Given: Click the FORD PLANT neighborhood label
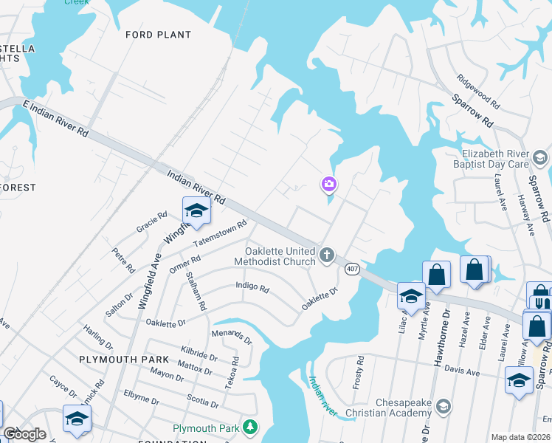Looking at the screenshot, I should tap(158, 35).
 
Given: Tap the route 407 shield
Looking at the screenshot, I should tap(352, 269).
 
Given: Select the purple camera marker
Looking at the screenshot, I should tap(329, 184).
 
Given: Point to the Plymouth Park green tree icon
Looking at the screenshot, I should tap(251, 427).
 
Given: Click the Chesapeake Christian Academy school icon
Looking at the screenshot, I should tap(443, 406).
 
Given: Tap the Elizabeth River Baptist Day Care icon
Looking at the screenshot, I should tap(540, 158).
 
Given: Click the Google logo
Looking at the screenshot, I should tap(24, 434).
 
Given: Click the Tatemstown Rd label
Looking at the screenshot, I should tap(219, 234).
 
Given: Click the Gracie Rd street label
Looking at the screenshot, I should tap(152, 221).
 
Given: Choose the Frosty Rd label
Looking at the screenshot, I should tap(360, 373).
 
